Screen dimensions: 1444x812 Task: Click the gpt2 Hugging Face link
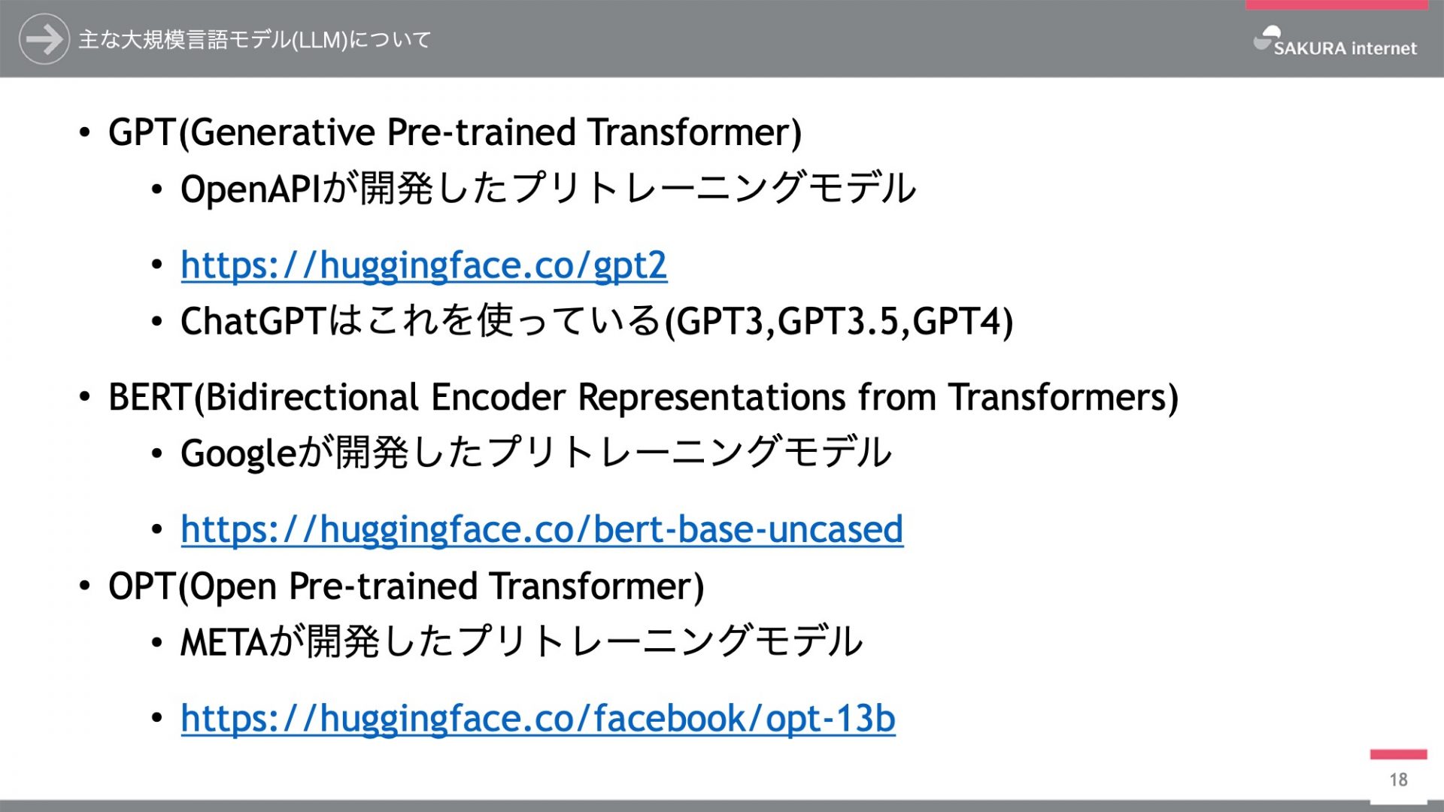424,265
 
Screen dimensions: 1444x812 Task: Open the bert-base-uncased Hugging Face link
542,530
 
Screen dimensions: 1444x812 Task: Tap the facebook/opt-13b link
538,719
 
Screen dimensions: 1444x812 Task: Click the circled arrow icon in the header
44,39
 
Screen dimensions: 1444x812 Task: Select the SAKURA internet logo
1335,42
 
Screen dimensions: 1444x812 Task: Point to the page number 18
1399,780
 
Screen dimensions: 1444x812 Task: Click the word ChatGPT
253,322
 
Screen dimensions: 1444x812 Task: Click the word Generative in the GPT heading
282,132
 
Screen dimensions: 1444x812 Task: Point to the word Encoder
498,397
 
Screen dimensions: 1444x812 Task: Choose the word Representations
711,398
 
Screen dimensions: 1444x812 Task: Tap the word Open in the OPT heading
232,587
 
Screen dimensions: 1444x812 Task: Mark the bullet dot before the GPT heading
85,133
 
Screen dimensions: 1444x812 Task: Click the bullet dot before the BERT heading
85,398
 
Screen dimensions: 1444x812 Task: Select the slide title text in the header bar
254,40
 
